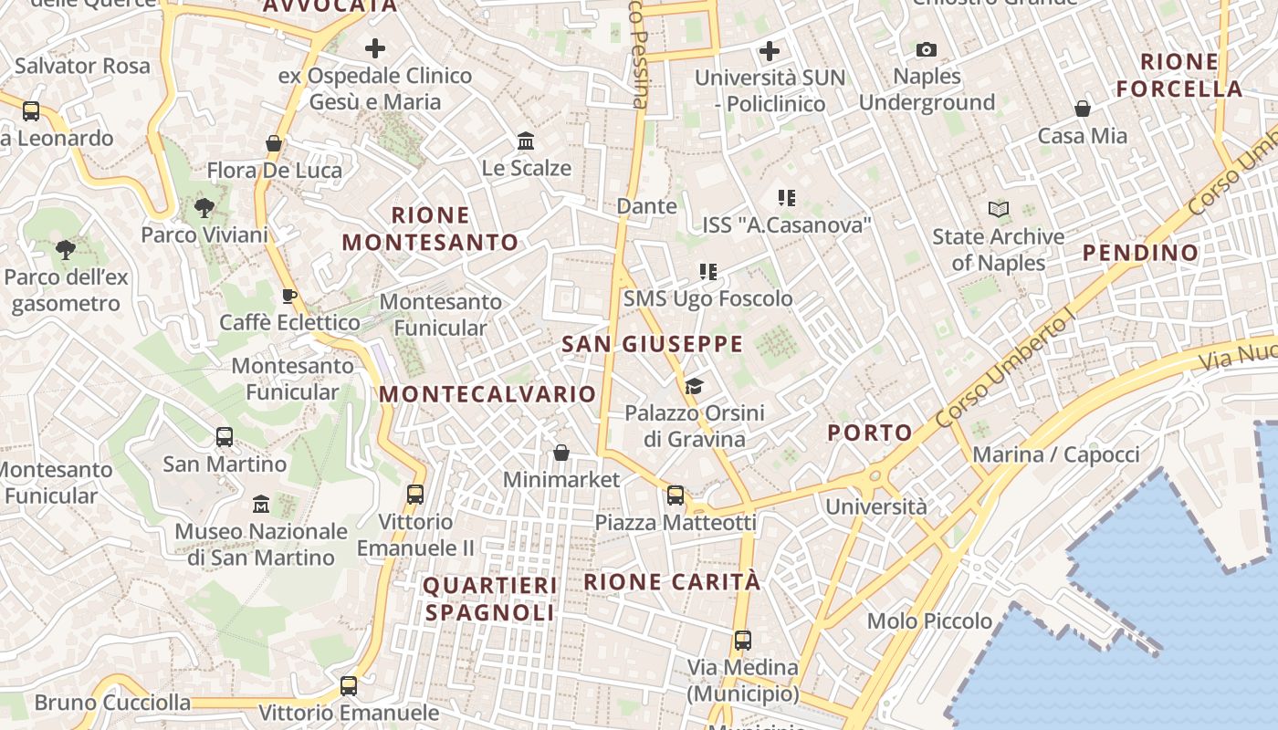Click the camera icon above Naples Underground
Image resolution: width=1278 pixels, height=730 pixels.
[927, 49]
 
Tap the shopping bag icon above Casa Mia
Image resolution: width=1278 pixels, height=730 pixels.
[1083, 109]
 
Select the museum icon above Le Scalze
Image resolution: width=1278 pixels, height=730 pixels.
[526, 141]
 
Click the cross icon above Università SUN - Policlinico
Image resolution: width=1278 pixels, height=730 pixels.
[770, 51]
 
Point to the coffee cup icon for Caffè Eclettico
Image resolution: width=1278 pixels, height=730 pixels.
[289, 296]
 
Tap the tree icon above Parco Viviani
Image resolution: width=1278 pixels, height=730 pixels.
[204, 208]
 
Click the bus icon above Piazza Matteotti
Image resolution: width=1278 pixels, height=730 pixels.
[676, 495]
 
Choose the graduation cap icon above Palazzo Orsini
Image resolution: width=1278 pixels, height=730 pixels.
[694, 386]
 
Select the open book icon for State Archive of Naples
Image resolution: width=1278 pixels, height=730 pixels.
[999, 210]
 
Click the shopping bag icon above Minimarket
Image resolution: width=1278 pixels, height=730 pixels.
[561, 453]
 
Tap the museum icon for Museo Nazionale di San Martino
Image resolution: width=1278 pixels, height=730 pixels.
[261, 504]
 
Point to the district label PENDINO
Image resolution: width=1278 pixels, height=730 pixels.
[1140, 253]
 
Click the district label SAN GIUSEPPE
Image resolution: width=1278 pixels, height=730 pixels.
[652, 344]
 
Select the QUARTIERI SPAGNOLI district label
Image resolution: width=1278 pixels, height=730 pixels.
[489, 599]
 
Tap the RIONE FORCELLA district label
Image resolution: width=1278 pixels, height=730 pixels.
[1179, 76]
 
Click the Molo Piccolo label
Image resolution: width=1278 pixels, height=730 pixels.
[929, 621]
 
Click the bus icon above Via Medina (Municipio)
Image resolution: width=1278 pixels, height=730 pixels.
[743, 641]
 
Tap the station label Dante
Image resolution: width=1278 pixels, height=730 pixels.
[647, 206]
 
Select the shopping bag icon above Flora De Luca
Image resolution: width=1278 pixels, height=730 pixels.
[274, 144]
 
